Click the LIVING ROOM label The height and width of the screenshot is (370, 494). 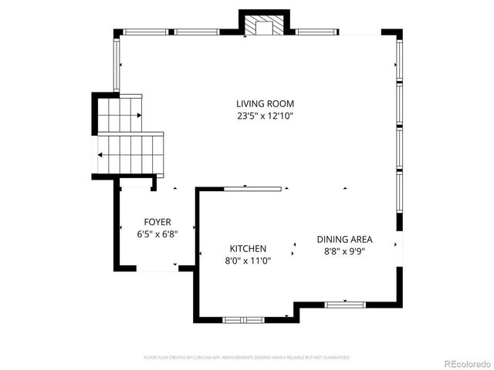click(265, 103)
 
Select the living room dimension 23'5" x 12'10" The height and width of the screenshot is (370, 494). click(265, 116)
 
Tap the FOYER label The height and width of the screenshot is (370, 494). click(157, 222)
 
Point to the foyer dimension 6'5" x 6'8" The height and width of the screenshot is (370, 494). click(157, 234)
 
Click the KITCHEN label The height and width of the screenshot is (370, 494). click(248, 248)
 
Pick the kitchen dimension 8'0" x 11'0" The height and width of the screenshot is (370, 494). click(248, 261)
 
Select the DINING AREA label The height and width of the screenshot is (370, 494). click(344, 239)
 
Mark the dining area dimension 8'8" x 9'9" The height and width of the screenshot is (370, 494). click(344, 251)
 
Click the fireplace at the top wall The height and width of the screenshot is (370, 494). click(264, 28)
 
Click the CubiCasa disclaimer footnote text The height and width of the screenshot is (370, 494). click(247, 358)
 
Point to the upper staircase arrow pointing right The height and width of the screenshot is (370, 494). click(139, 116)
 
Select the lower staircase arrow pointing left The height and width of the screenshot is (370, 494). click(100, 155)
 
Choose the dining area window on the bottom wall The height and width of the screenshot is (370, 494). click(344, 305)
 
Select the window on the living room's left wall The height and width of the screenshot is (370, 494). click(117, 65)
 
